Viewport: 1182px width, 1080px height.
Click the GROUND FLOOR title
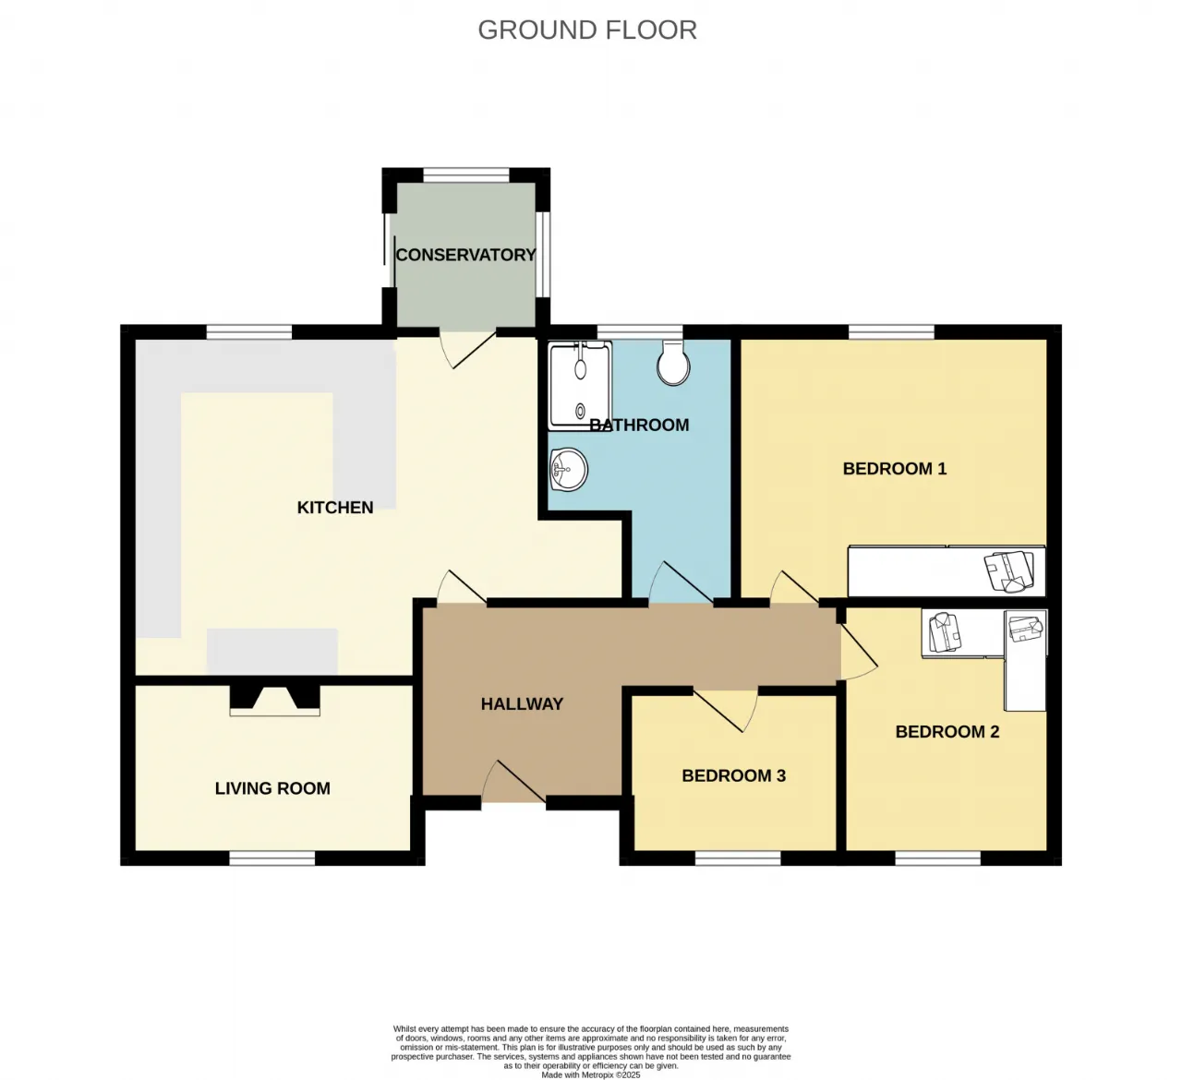[587, 30]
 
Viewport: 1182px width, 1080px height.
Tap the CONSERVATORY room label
[465, 255]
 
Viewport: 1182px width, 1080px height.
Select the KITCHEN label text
[334, 508]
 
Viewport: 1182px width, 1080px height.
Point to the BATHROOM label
[639, 425]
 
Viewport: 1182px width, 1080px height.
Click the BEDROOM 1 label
[895, 468]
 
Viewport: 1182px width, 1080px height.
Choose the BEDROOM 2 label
[947, 732]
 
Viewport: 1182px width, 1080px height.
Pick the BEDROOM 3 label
[733, 775]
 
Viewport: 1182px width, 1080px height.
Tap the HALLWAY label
[522, 703]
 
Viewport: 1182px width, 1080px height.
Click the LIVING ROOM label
[272, 788]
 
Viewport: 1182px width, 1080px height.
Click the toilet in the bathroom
[673, 363]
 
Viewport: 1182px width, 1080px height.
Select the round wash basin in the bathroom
[569, 470]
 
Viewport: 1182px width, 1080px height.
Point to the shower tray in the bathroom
[580, 386]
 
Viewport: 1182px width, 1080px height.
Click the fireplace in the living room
[274, 700]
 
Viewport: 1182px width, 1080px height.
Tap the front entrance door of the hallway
[513, 781]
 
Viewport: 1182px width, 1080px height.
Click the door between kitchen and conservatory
[468, 350]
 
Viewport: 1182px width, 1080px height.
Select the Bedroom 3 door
[725, 710]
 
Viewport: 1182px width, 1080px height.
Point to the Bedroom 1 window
[891, 331]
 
